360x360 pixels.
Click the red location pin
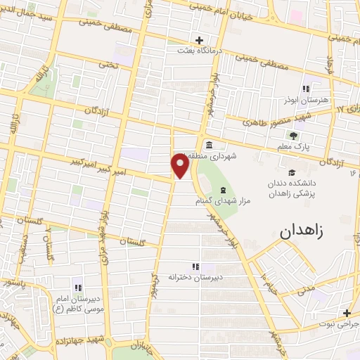pos(181,165)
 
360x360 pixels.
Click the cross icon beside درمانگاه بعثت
pos(200,40)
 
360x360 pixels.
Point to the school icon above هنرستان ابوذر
pos(305,89)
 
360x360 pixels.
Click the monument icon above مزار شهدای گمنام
pos(223,191)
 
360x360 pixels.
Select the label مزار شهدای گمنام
pos(223,201)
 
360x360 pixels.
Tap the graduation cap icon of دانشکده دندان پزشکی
pos(291,173)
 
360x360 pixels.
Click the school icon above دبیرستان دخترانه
pos(195,266)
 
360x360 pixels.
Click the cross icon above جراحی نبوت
pos(346,314)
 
